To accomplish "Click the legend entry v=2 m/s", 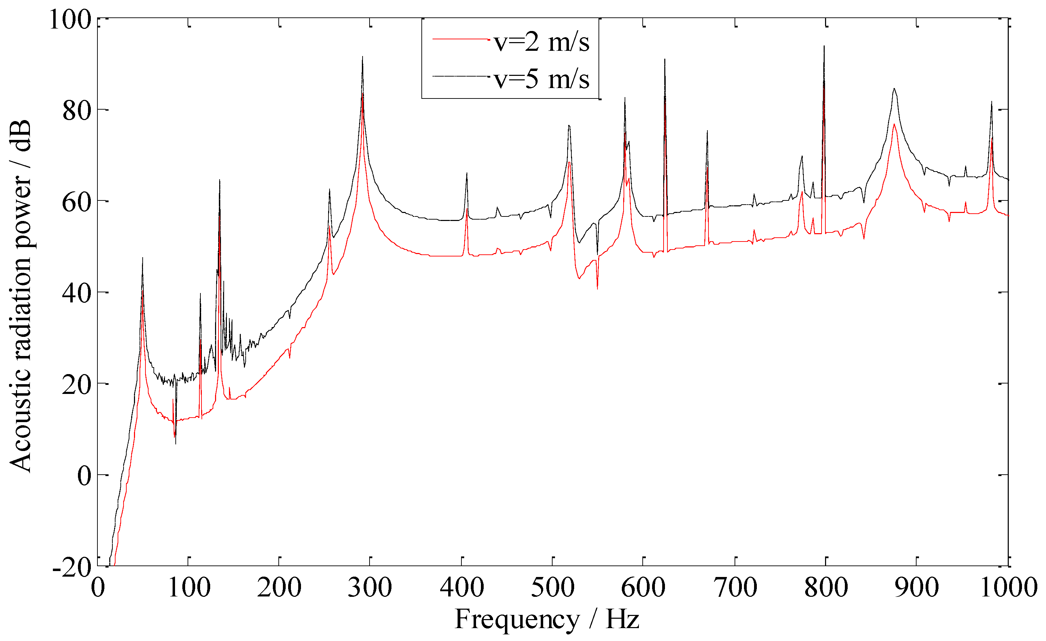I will (541, 42).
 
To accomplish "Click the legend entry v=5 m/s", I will (541, 79).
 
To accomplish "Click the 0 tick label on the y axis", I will (85, 475).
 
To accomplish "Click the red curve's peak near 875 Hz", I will (894, 124).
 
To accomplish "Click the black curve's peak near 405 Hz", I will (467, 173).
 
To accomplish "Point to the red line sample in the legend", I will (461, 39).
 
